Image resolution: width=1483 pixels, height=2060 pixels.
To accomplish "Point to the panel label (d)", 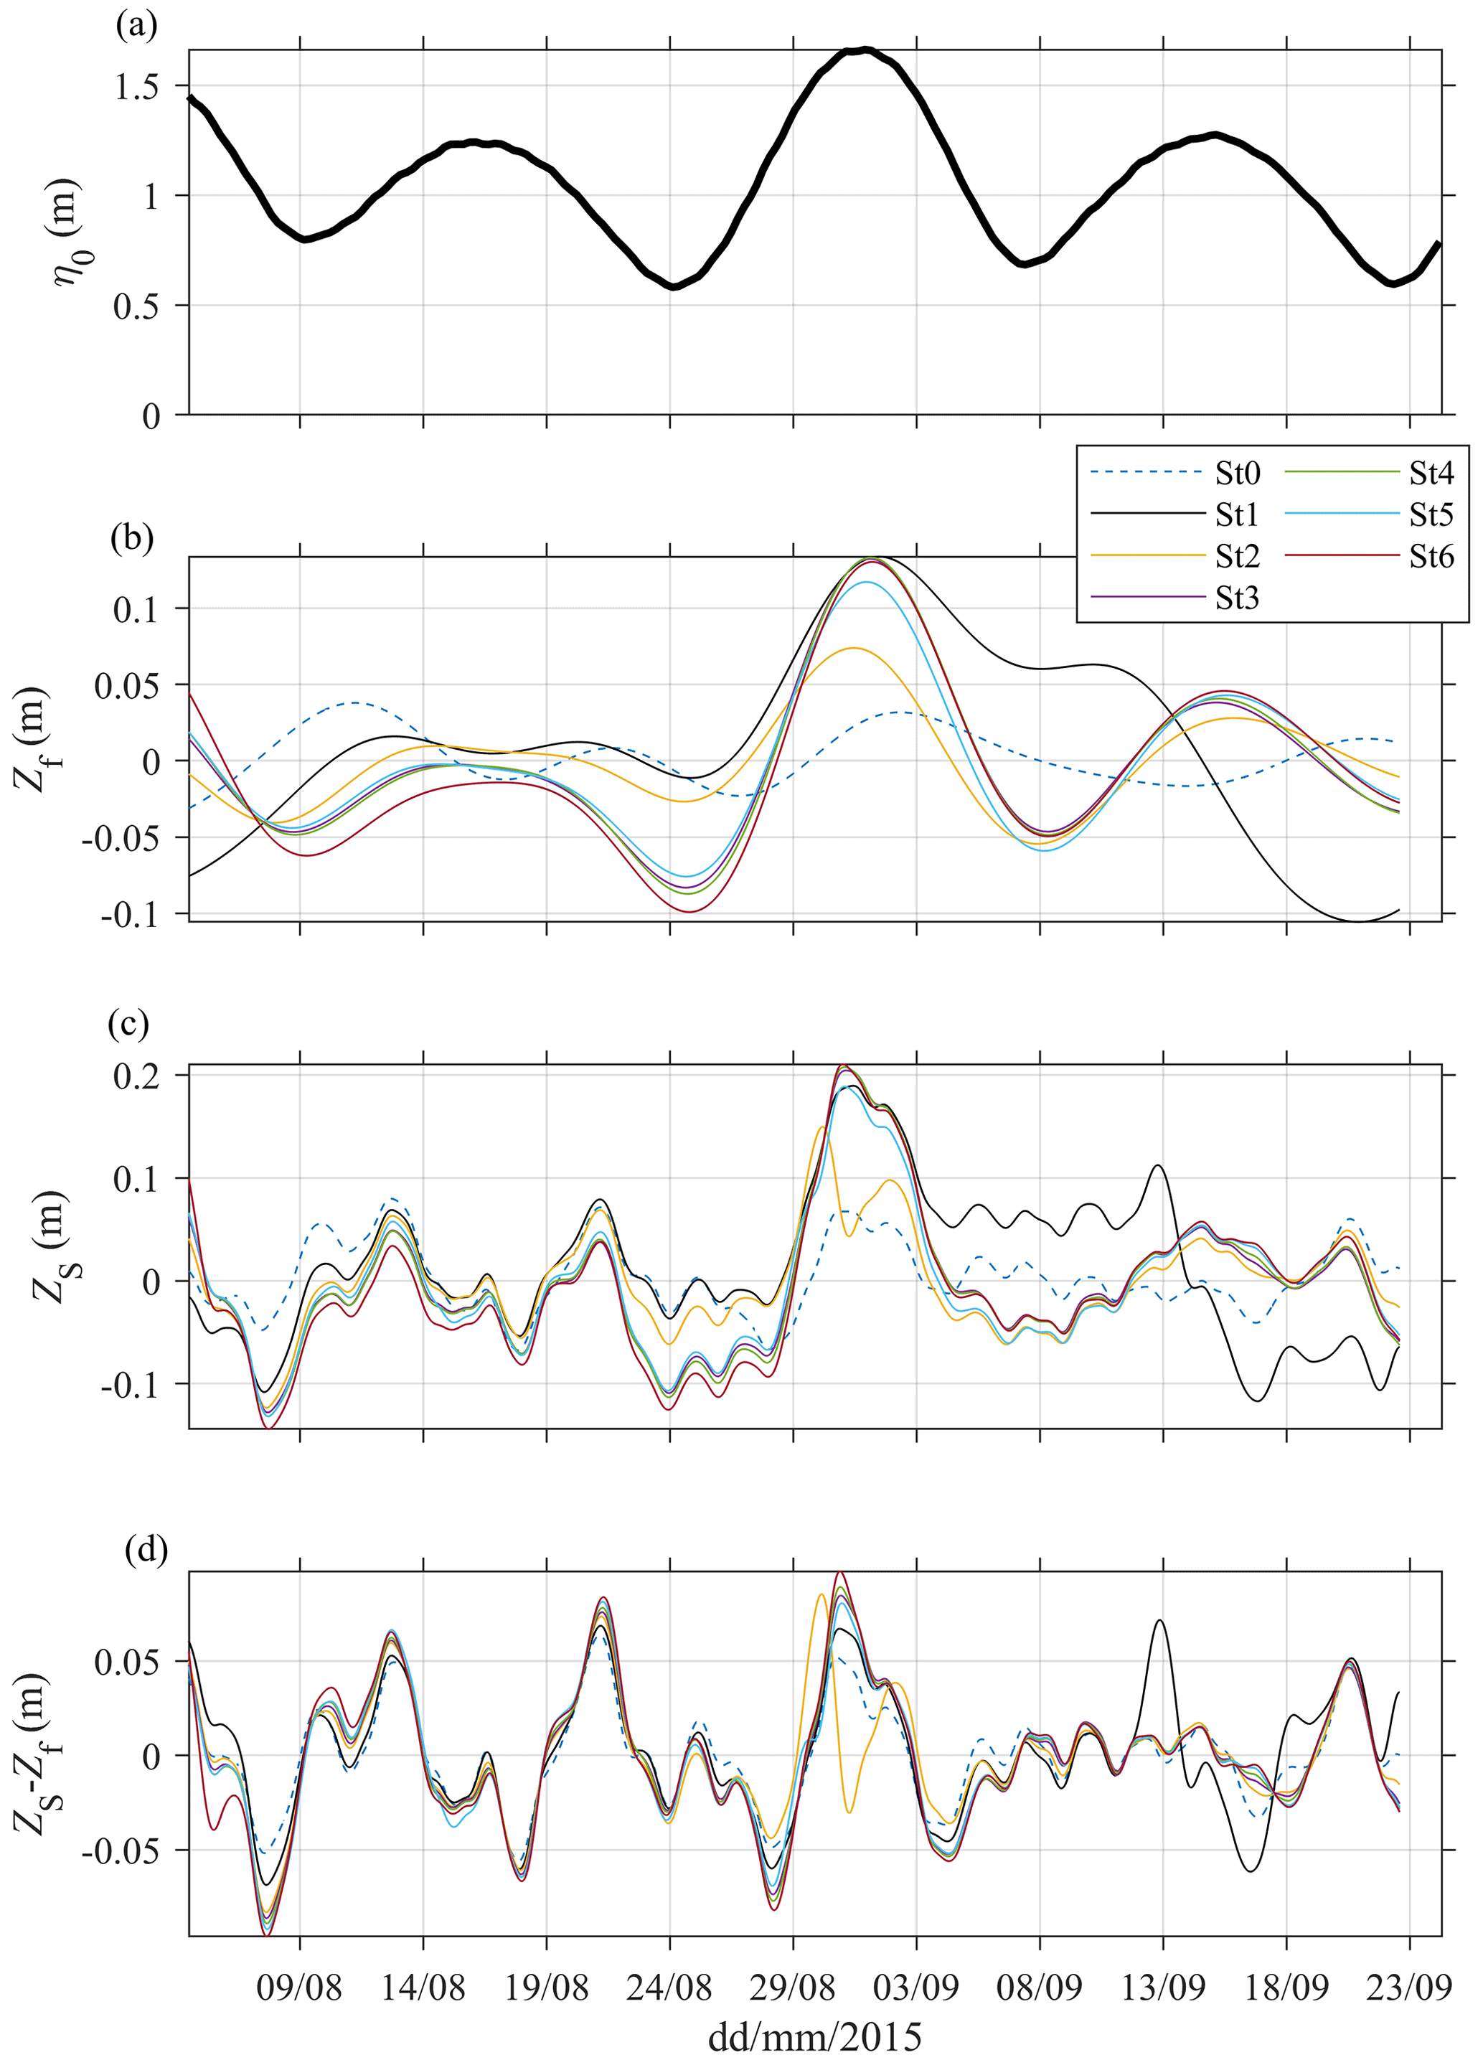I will click(146, 1551).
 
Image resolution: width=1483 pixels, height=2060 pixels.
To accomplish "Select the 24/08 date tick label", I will click(669, 1988).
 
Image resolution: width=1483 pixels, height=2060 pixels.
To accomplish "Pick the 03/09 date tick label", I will click(916, 1988).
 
